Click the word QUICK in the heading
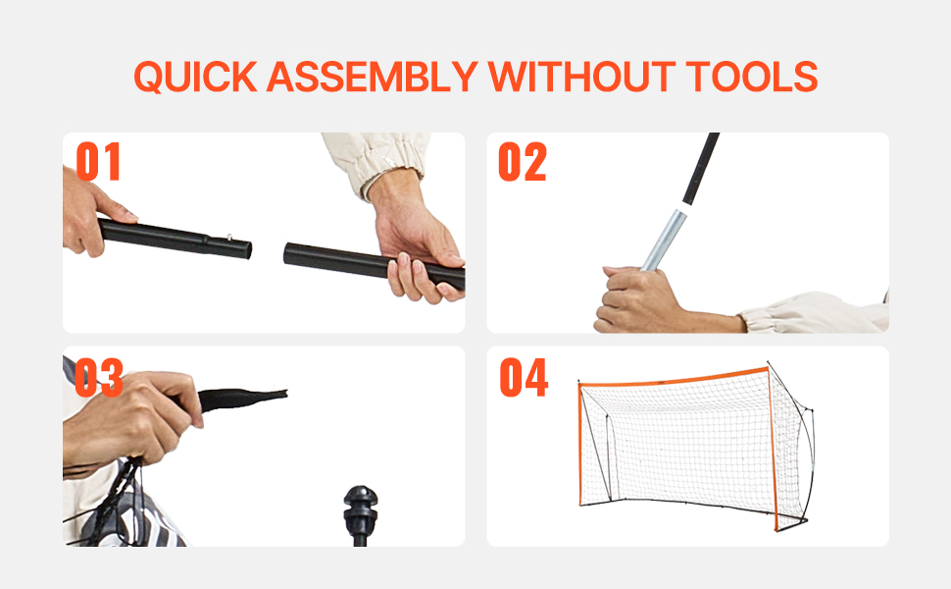coord(195,77)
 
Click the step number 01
coord(98,162)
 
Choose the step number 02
coord(523,162)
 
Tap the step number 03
coord(99,377)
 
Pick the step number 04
coord(524,377)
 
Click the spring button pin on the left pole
coord(229,238)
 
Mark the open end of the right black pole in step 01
coord(287,253)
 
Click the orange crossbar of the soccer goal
coord(674,378)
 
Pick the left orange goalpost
coord(580,444)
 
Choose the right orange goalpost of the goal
coord(773,450)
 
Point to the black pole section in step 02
coord(701,169)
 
